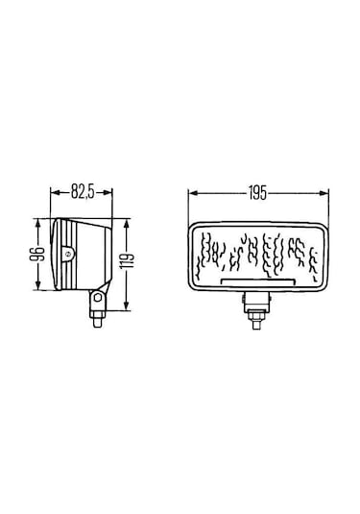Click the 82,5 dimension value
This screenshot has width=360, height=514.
point(83,191)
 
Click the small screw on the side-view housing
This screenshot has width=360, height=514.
point(66,255)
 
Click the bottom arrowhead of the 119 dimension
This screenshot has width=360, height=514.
point(120,308)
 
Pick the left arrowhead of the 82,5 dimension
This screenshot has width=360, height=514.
point(53,203)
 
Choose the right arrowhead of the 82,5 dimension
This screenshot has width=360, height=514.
point(109,203)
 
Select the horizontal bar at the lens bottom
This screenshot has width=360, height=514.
point(256,281)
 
